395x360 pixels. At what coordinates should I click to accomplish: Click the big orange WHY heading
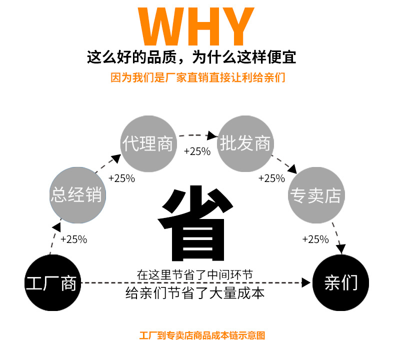click(x=197, y=26)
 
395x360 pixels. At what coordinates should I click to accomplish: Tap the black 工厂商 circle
click(x=51, y=282)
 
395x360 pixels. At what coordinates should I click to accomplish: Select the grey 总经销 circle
click(x=76, y=194)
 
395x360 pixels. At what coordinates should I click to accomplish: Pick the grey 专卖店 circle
click(x=315, y=194)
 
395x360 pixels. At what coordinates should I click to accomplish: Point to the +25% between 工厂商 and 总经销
click(x=73, y=239)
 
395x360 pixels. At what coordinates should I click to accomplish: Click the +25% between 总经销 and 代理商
click(x=121, y=178)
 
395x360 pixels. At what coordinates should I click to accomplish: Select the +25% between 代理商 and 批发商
click(x=197, y=151)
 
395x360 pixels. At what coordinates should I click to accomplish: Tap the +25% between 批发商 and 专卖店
click(x=271, y=178)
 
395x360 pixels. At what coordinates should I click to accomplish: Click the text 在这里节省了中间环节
click(x=195, y=274)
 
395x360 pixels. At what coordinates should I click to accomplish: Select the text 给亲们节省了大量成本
click(x=195, y=293)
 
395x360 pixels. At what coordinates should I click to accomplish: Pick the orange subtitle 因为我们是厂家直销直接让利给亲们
click(x=198, y=78)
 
